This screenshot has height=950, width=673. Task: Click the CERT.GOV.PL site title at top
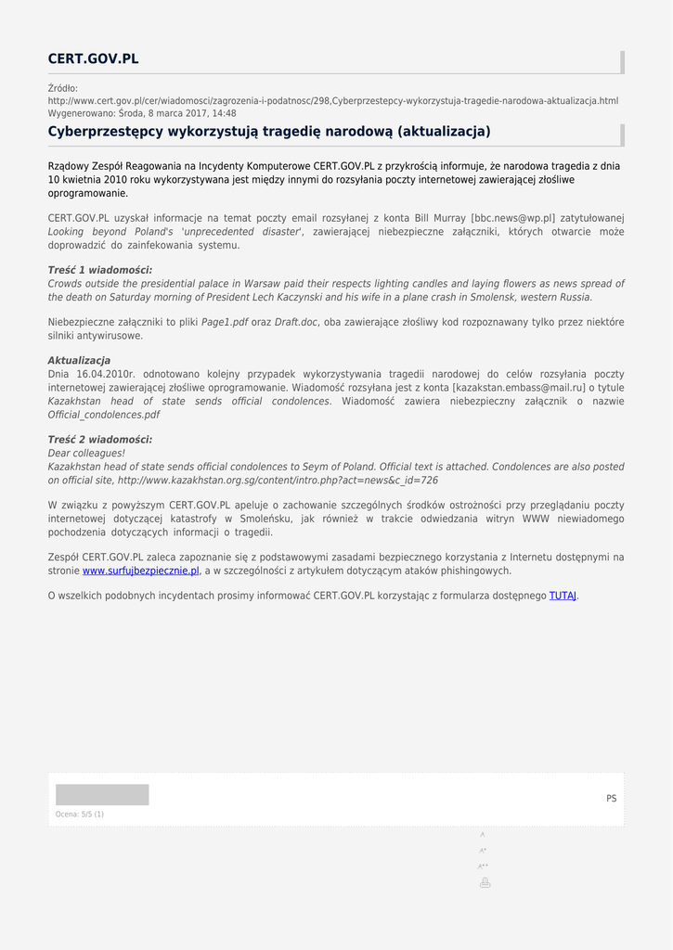coord(93,59)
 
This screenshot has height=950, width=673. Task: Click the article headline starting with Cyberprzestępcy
coord(269,132)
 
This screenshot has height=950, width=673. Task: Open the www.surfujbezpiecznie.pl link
coord(140,571)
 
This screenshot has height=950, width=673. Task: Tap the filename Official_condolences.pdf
coord(104,415)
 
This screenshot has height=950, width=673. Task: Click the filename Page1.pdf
coord(225,322)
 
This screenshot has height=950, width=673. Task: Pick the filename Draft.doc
coord(296,322)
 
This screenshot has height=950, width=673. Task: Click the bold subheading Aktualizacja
coord(79,360)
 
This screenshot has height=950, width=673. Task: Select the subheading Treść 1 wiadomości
coord(100,270)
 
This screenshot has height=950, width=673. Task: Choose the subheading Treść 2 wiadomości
coord(100,440)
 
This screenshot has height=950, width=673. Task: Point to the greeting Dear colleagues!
coord(86,454)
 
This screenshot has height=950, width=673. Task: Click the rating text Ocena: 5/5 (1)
coord(80,815)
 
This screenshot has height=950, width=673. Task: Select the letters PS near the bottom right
coord(611,799)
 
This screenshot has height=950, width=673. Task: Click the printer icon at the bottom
coord(485,882)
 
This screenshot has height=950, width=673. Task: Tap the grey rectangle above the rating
coord(102,795)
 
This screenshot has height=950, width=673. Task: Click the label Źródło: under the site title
coord(63,88)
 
